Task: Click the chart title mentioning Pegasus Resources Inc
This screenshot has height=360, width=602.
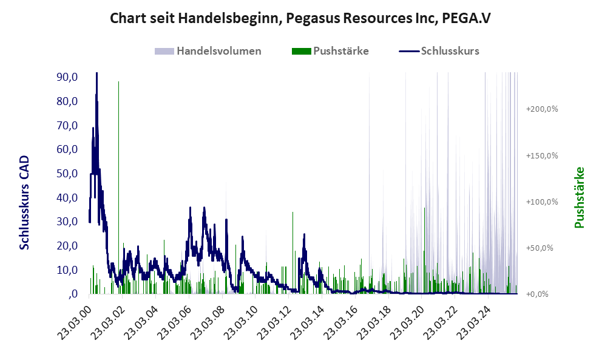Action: point(300,18)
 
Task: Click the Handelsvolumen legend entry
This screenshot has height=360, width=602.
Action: point(218,51)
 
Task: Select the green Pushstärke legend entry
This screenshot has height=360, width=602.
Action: point(340,51)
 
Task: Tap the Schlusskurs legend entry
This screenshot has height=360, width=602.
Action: point(450,51)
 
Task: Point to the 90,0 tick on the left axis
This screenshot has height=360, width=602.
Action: point(66,77)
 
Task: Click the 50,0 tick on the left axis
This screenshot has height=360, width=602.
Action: point(66,174)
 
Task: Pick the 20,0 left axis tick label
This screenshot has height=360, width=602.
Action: point(66,246)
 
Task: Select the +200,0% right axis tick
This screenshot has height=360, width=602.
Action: point(542,109)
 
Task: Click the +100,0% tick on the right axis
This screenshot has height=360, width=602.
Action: point(542,202)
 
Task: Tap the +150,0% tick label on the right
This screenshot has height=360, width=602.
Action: point(542,155)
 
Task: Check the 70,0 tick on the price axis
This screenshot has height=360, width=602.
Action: point(66,126)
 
